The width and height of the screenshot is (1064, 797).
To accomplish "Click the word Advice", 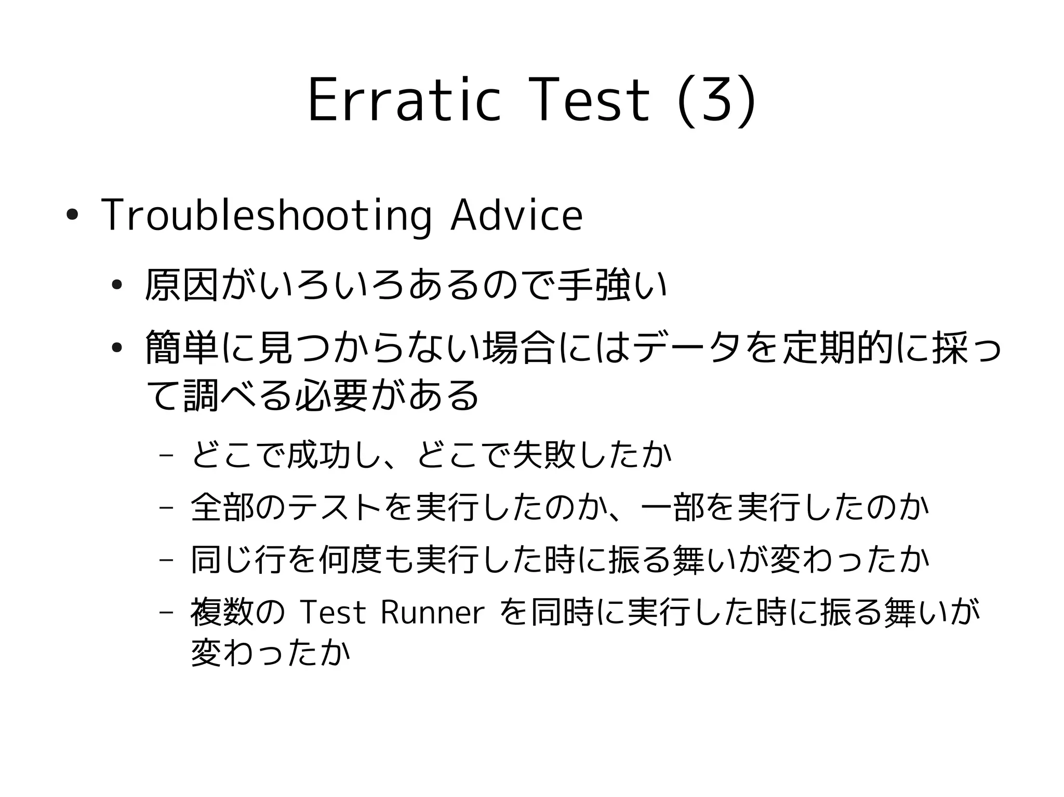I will (516, 215).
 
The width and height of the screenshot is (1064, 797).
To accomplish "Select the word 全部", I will (222, 507).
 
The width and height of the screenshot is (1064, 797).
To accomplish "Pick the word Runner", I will (432, 613).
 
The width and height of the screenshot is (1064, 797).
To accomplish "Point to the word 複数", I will (222, 613).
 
